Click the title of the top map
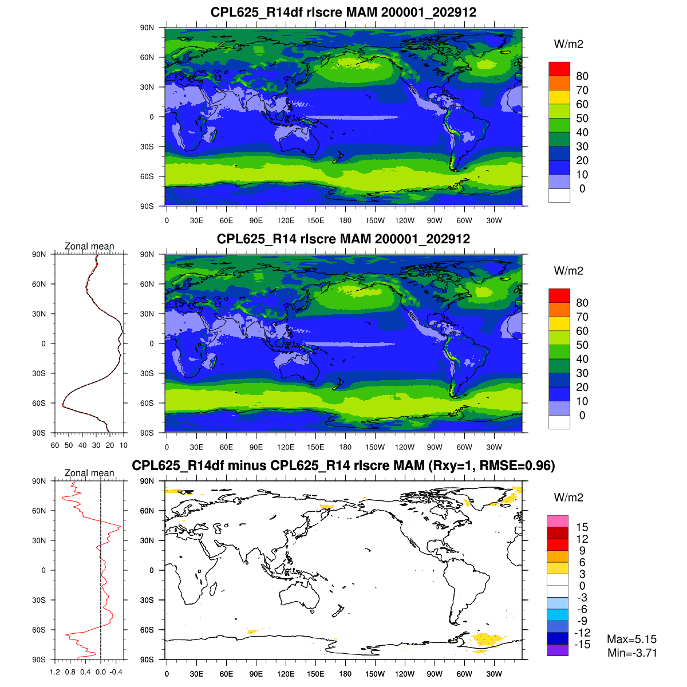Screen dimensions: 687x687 point(343,12)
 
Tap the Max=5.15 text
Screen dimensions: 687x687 point(631,639)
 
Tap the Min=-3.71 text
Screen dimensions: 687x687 point(632,653)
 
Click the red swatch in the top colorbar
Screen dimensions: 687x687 point(559,69)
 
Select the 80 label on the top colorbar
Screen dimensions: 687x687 point(582,76)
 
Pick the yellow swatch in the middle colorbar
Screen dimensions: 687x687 point(559,323)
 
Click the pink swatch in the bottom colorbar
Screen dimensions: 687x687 point(558,521)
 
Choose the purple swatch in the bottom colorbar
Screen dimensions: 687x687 point(558,650)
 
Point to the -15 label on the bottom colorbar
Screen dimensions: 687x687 point(582,645)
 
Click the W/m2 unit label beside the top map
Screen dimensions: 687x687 point(568,45)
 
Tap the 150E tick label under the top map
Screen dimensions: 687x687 point(315,221)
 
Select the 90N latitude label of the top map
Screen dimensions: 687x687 point(147,27)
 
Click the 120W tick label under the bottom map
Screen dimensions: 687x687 point(405,674)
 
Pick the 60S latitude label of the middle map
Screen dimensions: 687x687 point(147,403)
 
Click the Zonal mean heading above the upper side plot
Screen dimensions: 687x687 point(89,246)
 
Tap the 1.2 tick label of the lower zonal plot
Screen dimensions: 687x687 point(55,672)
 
